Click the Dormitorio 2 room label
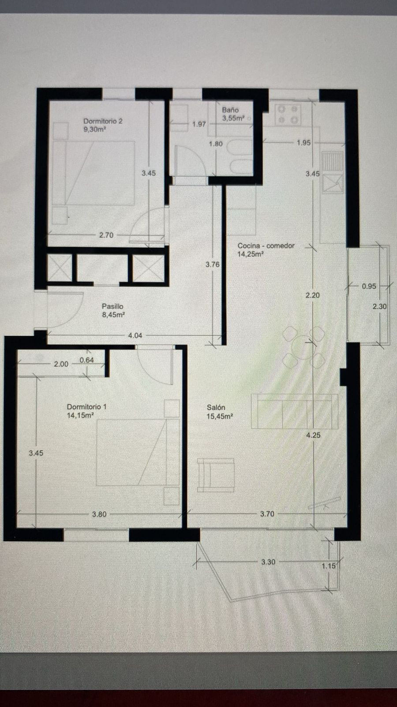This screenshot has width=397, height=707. [x=103, y=121]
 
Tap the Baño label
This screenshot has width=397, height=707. [x=230, y=110]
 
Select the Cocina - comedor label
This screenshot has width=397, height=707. [x=266, y=246]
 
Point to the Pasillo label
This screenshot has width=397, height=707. [x=112, y=306]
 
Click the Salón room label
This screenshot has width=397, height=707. [x=216, y=407]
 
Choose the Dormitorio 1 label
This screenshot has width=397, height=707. [x=86, y=407]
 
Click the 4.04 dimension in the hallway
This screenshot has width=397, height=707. [x=135, y=335]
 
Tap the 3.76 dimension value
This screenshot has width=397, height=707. [x=212, y=265]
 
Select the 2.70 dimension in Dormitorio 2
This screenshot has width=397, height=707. [x=106, y=235]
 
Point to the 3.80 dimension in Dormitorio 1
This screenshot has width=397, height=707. [x=99, y=514]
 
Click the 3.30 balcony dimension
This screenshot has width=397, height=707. [x=268, y=562]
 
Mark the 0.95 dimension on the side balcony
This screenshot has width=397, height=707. [x=369, y=286]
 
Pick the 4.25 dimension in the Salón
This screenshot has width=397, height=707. [x=313, y=435]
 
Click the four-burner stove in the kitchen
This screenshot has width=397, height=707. [x=288, y=114]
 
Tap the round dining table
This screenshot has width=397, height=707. [x=303, y=347]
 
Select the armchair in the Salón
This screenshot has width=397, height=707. [x=215, y=475]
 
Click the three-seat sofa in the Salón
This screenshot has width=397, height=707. [x=294, y=411]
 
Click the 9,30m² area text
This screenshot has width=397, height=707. [x=94, y=129]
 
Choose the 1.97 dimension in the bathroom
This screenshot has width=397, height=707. [x=199, y=124]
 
